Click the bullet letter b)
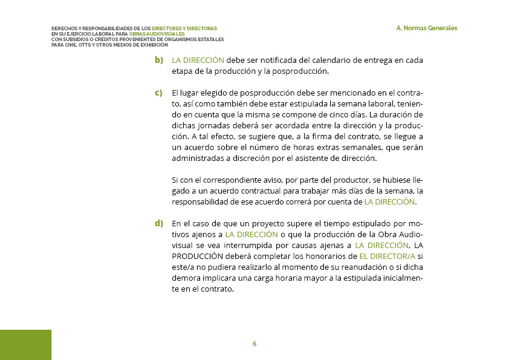click(159, 61)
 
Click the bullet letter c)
click(159, 93)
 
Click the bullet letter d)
click(159, 223)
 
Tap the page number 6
click(254, 344)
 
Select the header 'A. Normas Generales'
click(427, 28)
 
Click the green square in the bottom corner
click(25, 344)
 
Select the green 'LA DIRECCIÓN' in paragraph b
click(198, 61)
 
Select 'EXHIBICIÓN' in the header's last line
click(154, 45)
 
